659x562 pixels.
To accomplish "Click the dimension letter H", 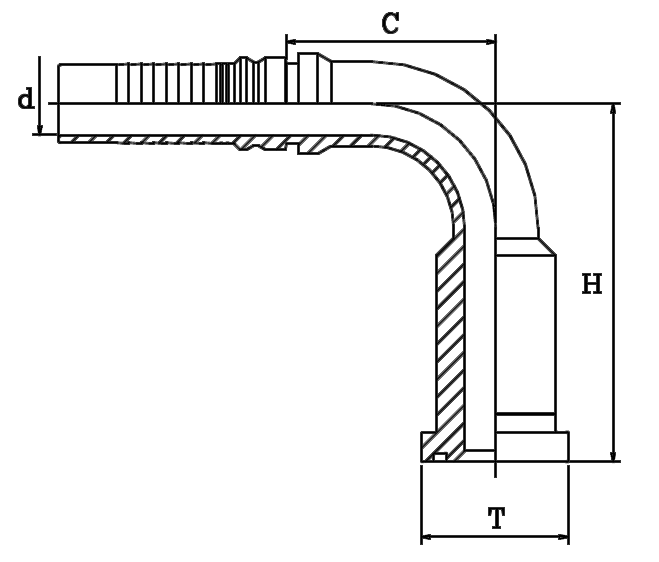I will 592,285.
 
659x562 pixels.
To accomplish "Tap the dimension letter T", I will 496,518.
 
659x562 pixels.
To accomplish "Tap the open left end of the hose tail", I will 59,101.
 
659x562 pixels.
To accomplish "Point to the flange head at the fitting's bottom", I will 494,446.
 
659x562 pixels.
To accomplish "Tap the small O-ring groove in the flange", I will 441,457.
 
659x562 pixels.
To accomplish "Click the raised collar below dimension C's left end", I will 300,70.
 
